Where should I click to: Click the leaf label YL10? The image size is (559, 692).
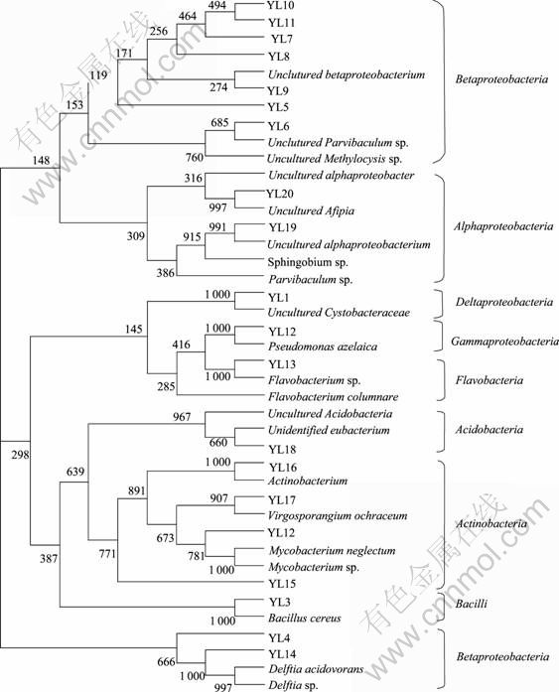(281, 6)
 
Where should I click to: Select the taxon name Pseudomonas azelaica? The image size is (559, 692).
(323, 346)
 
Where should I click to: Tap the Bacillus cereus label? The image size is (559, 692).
(305, 618)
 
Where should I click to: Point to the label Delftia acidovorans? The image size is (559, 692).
(316, 669)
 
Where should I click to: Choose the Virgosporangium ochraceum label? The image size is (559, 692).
(338, 515)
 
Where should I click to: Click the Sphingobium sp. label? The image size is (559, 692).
(308, 262)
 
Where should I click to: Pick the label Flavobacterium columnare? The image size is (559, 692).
(333, 397)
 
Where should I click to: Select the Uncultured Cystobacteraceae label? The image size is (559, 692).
(339, 313)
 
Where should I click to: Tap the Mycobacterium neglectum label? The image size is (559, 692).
(332, 551)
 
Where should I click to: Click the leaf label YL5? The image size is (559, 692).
(278, 107)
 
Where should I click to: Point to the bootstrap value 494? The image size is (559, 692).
(217, 6)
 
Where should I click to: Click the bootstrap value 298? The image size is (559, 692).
(20, 454)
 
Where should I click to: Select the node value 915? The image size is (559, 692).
(193, 237)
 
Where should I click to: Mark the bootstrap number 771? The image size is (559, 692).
(107, 553)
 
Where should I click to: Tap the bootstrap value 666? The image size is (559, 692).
(166, 661)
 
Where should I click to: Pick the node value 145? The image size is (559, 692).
(133, 329)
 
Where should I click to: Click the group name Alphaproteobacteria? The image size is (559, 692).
(503, 226)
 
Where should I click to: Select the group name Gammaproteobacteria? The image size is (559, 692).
(504, 342)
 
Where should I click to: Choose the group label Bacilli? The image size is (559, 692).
(471, 604)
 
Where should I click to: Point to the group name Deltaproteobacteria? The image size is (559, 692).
(503, 302)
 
